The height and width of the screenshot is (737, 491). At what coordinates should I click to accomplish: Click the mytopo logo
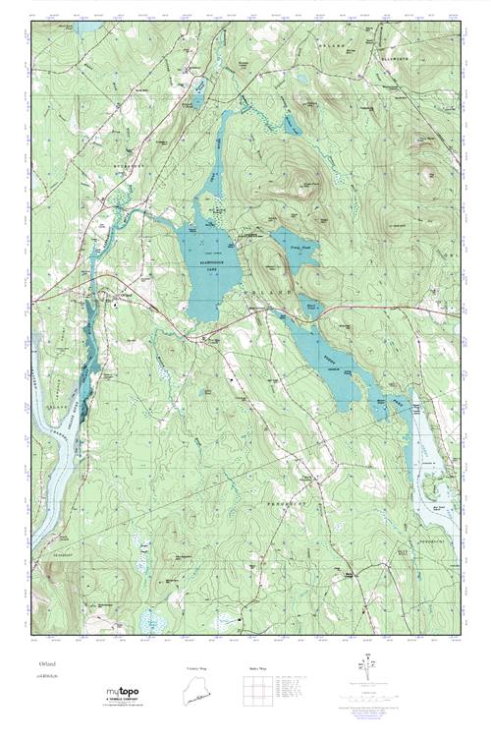(122, 695)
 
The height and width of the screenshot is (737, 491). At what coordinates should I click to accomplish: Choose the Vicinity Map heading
(197, 667)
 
